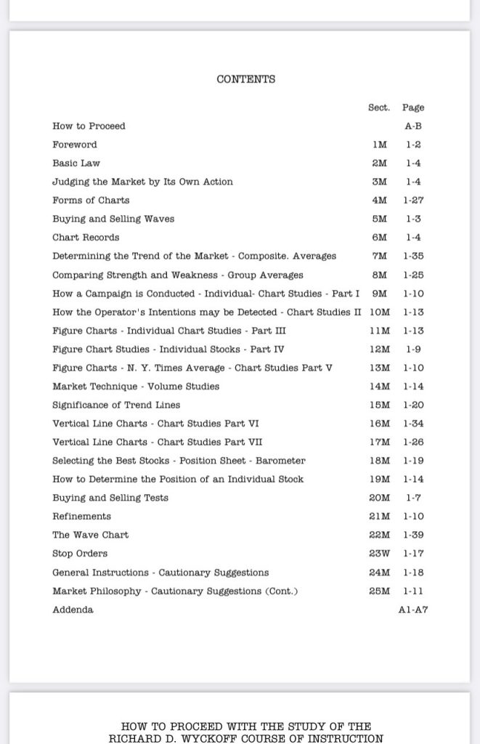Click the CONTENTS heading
tap(245, 79)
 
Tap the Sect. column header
tap(378, 108)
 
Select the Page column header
tap(413, 108)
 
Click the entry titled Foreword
tap(74, 145)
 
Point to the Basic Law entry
tap(76, 163)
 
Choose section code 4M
tap(379, 201)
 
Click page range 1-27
tap(413, 201)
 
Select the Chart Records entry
tap(86, 238)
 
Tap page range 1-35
tap(413, 256)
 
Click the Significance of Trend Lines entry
tap(116, 405)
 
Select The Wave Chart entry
tap(90, 535)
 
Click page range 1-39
tap(413, 535)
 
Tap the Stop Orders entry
tap(79, 554)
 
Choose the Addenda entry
tap(73, 610)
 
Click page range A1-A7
tap(413, 610)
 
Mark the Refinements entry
tap(81, 517)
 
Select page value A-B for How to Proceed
tap(413, 126)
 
